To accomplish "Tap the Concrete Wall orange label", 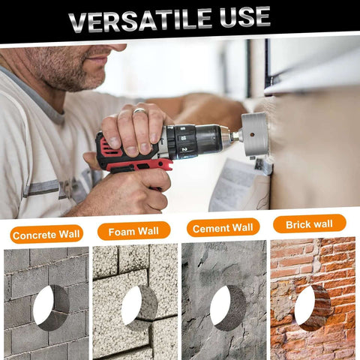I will point(46,235).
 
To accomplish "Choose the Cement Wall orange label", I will point(223,227).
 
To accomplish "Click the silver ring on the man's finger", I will point(139,112).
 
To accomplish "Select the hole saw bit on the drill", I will point(253,136).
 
